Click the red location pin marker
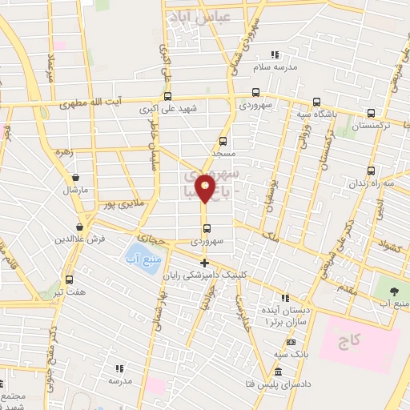tap(206, 188)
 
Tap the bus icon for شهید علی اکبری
tap(167, 96)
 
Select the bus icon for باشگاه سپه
tap(316, 102)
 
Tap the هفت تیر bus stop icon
tap(69, 280)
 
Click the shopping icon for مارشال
tap(75, 178)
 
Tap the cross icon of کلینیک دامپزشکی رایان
tap(204, 263)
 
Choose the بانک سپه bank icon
tap(285, 341)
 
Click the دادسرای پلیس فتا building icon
tap(278, 373)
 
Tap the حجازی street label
tap(149, 238)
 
